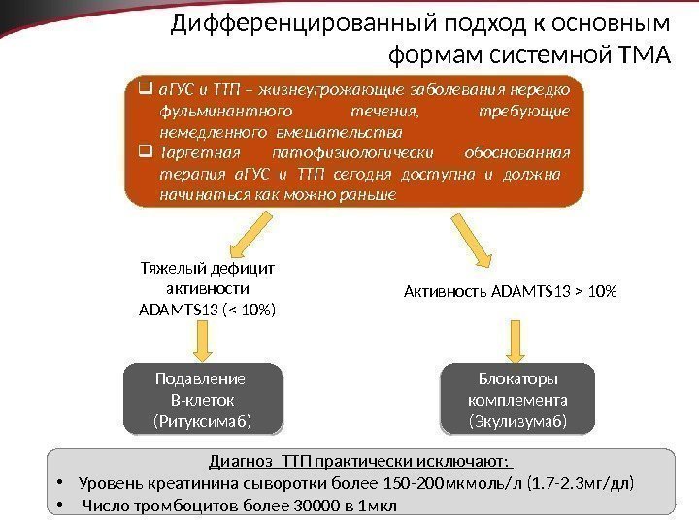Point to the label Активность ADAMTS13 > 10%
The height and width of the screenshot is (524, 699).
511,290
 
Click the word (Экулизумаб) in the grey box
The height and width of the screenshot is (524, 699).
517,421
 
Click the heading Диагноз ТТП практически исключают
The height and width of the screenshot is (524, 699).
360,460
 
